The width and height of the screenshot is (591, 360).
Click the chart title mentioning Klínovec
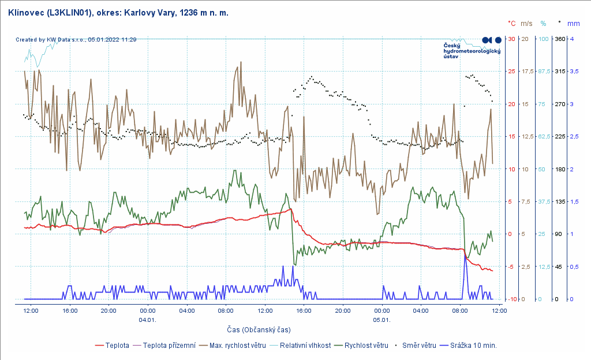pos(119,12)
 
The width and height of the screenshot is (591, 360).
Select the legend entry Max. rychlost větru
pos(237,346)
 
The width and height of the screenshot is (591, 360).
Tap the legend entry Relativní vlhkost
pos(305,346)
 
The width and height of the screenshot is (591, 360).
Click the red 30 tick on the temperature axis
pos(511,39)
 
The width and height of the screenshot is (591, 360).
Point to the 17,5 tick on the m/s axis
pos(527,72)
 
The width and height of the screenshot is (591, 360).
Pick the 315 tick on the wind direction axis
pos(559,72)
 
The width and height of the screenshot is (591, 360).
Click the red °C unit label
pos(511,24)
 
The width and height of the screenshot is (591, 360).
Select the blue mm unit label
pos(574,24)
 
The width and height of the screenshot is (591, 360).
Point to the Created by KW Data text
pos(76,40)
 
